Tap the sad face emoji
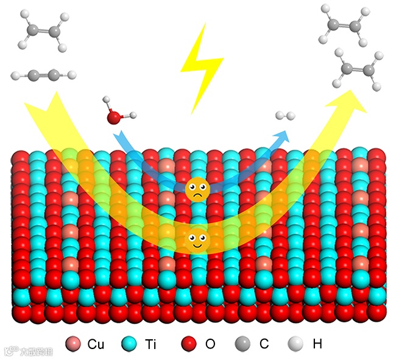click(x=196, y=191)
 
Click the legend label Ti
click(x=151, y=344)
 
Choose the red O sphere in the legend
click(x=189, y=344)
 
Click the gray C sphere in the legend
click(x=243, y=344)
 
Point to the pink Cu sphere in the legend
click(x=73, y=344)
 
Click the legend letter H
click(x=317, y=344)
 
